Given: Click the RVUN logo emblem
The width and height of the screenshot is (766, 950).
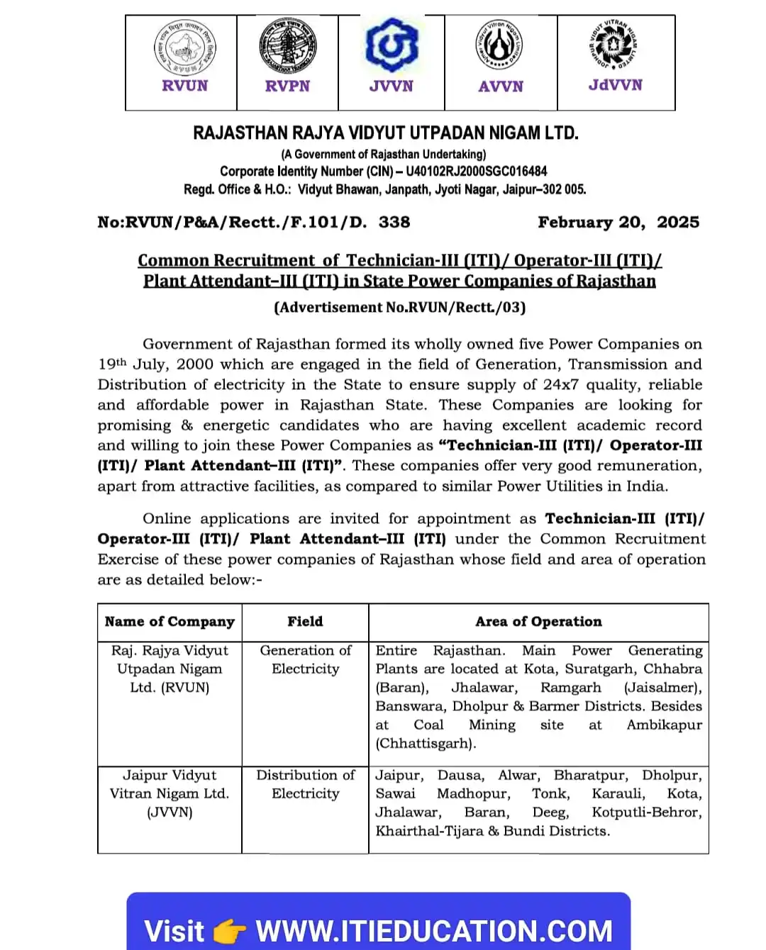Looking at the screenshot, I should click(185, 47).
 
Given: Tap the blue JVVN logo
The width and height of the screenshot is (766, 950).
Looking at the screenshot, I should click(392, 46).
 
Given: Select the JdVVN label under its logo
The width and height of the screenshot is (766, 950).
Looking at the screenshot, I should click(616, 85).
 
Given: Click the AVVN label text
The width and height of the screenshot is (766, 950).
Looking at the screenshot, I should click(501, 86).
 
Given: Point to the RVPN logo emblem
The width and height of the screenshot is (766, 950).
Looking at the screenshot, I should click(287, 47).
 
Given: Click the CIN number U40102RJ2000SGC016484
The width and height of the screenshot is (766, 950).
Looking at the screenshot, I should click(476, 172).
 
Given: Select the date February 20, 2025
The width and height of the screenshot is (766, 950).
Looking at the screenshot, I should click(618, 222).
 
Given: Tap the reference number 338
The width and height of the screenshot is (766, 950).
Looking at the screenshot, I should click(394, 222).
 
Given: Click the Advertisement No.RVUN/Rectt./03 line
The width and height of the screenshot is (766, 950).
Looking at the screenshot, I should click(399, 307).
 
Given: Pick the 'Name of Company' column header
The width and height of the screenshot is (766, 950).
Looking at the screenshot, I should click(170, 622).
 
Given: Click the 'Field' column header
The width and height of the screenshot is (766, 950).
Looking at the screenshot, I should click(305, 622).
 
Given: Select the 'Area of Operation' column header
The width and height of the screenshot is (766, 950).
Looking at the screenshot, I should click(538, 622).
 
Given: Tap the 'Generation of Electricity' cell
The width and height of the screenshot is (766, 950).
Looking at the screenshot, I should click(305, 659).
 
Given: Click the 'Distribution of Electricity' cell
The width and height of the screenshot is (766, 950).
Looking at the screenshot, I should click(305, 784).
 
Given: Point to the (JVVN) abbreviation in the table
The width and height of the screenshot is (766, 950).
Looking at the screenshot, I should click(170, 812).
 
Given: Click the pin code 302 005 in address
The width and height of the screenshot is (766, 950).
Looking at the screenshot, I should click(564, 190).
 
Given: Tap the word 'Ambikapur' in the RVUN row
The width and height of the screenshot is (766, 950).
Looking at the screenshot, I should click(664, 725).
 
